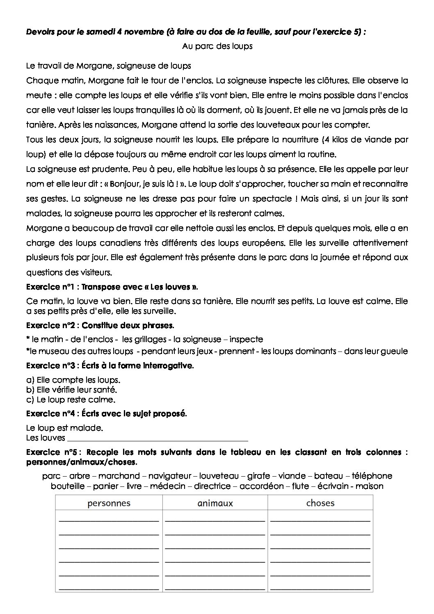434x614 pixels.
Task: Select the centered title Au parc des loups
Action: tap(217, 46)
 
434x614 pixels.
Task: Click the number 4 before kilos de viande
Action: tap(326, 139)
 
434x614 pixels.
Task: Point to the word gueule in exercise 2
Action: tap(395, 351)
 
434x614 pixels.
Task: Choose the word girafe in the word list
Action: tap(258, 476)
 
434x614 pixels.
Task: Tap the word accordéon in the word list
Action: tap(261, 486)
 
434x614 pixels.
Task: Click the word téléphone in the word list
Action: tap(372, 476)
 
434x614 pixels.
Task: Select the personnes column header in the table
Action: tap(109, 503)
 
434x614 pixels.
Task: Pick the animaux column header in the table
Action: tap(215, 503)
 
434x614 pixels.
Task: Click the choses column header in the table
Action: tap(320, 503)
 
